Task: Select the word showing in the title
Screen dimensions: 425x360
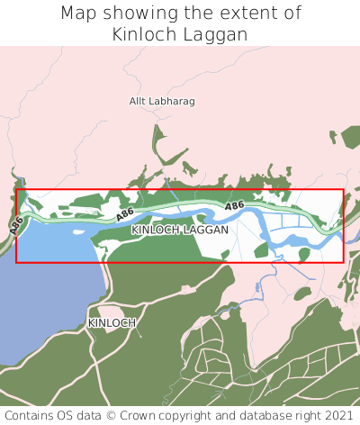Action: coord(135,14)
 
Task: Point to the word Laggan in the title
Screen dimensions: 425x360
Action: coord(217,35)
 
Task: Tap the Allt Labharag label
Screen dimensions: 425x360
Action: coord(163,102)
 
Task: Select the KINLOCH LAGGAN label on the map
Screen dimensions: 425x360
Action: coord(180,231)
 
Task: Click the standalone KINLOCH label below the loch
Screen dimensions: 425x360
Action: coord(112,322)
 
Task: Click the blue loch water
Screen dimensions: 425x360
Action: coord(45,297)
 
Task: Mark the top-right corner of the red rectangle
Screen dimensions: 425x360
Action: coord(343,190)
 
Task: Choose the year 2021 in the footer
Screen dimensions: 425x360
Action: coord(338,416)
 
